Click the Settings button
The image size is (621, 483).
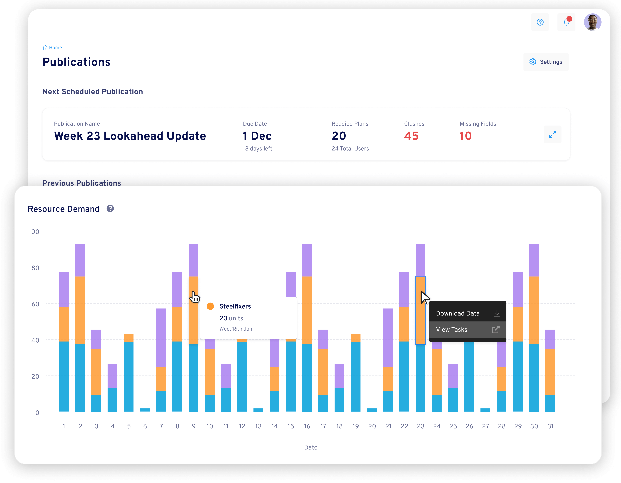pos(546,62)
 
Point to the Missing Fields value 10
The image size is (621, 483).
pos(465,136)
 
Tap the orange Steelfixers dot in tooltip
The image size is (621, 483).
pos(210,306)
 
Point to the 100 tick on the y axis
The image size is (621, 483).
pos(34,232)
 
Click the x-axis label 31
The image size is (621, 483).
pos(550,426)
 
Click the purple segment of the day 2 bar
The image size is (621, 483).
pos(80,260)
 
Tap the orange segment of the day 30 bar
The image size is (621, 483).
pos(534,310)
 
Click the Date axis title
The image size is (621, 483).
pos(310,447)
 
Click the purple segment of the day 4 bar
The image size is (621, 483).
pos(112,376)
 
